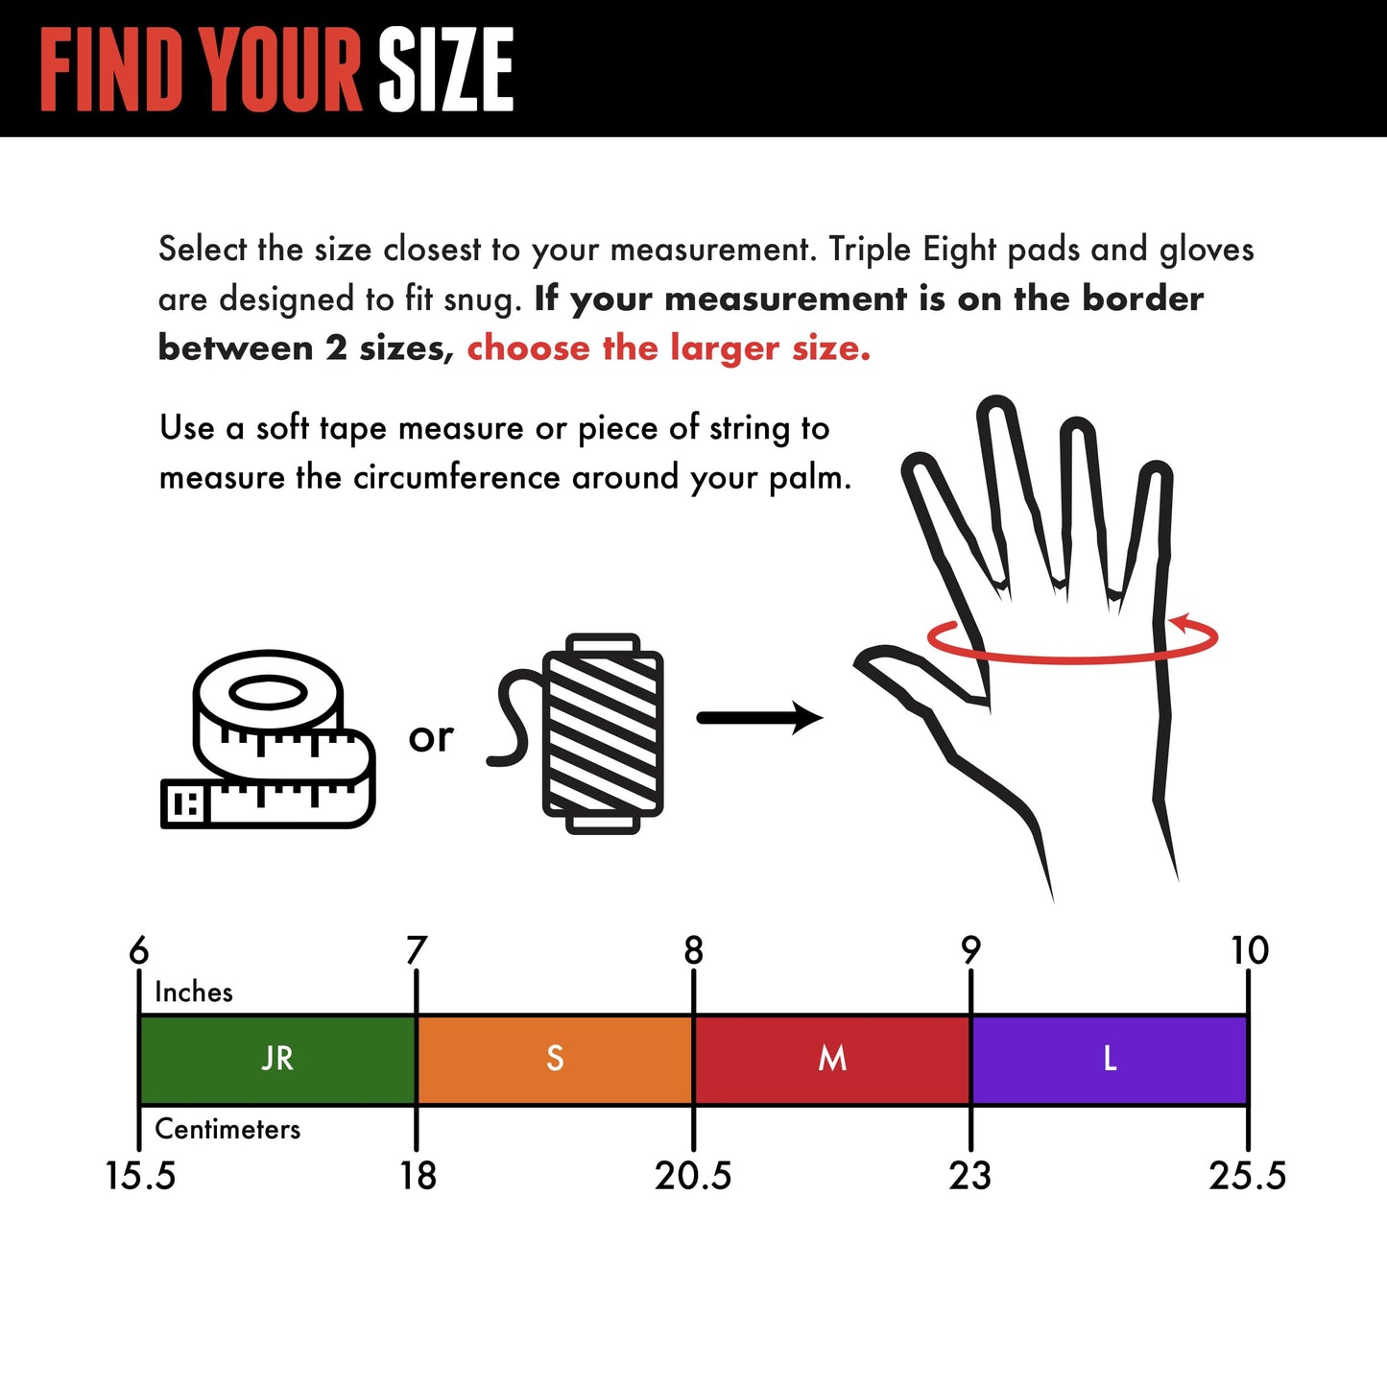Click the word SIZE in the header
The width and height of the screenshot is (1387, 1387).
pos(445,69)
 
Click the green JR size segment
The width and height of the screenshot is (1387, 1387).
pos(277,1059)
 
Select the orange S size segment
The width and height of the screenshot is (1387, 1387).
pos(555,1059)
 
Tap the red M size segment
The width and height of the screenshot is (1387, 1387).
pos(832,1059)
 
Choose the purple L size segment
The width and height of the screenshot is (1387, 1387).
pos(1110,1059)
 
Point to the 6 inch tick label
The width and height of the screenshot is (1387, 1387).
pos(139,950)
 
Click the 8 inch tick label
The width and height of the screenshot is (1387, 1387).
pos(693,950)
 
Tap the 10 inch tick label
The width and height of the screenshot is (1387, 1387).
pos(1249,950)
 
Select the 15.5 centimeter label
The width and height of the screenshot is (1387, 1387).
pos(140,1176)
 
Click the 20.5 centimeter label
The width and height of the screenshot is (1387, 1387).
pos(693,1176)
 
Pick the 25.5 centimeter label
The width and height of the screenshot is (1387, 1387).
pos(1247,1176)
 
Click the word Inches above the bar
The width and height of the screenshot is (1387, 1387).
pos(194,992)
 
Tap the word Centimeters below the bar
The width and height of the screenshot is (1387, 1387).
pos(227,1129)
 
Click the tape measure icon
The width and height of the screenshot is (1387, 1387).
pos(268,739)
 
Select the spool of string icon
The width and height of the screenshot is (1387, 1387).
pos(602,733)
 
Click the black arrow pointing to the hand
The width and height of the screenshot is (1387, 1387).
pos(758,718)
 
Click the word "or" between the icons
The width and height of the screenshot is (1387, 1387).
pos(430,737)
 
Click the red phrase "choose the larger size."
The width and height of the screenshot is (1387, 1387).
pos(668,347)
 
